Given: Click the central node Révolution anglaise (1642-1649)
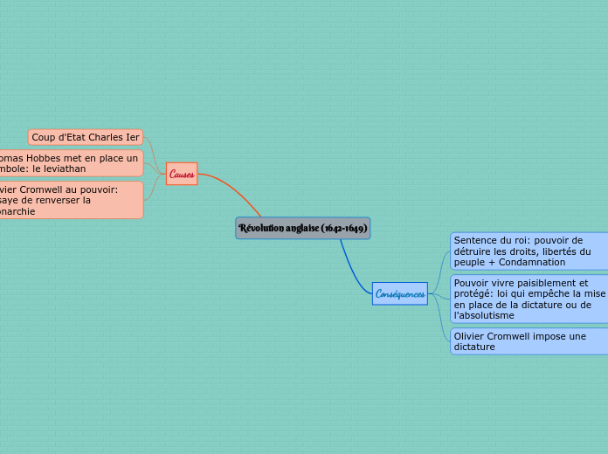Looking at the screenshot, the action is [x=302, y=228].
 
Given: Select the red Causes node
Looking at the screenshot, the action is [x=182, y=174].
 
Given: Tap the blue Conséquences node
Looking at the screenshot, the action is [x=400, y=294].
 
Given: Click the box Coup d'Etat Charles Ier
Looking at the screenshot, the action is [x=86, y=137].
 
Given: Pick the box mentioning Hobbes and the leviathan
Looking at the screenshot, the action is [x=70, y=163].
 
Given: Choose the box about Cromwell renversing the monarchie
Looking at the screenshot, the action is [x=70, y=200].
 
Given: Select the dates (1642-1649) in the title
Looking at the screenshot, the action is [x=343, y=228].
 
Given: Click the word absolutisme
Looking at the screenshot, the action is [x=484, y=315].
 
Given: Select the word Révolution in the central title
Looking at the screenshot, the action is [x=262, y=228].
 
